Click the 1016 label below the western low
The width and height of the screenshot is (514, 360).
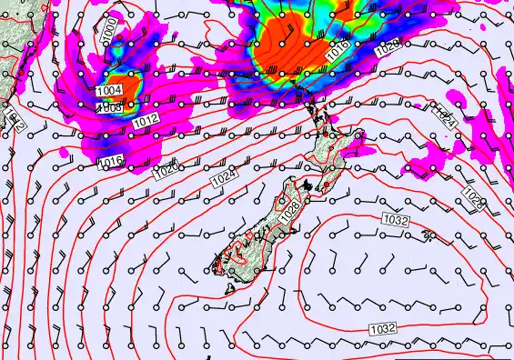[110, 161]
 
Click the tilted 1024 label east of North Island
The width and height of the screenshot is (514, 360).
[443, 114]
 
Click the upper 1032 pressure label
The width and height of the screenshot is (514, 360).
[395, 221]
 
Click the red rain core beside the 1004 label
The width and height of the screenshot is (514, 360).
[130, 88]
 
